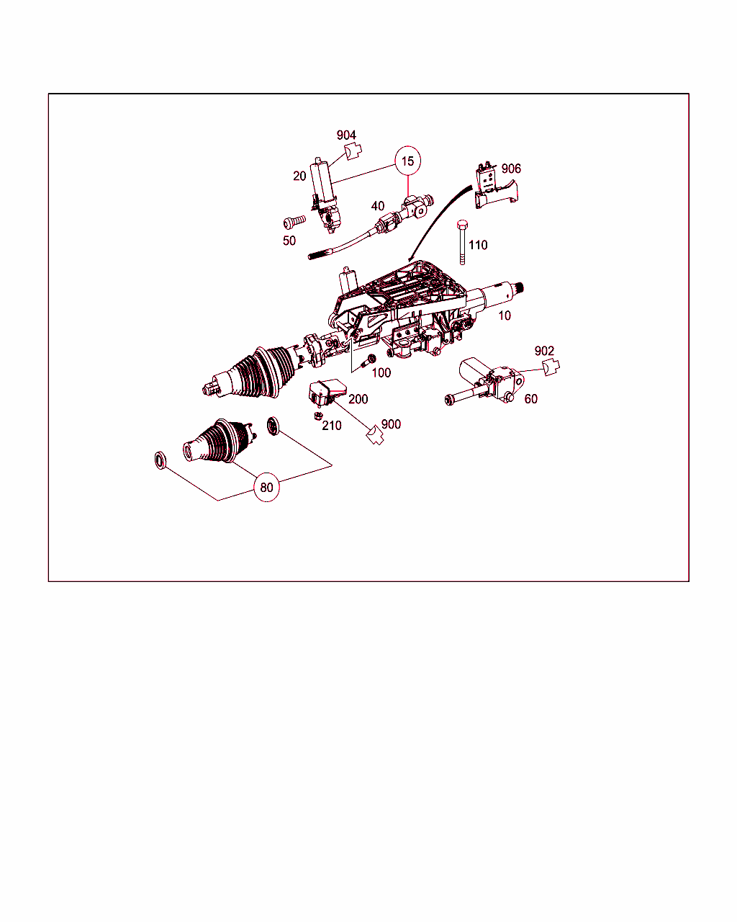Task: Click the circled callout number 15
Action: click(x=407, y=161)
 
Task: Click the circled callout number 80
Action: click(x=266, y=487)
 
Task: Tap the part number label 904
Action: click(x=346, y=135)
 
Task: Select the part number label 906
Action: click(x=511, y=169)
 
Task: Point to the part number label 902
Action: click(x=544, y=351)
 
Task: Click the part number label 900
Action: click(x=391, y=424)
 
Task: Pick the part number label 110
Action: click(x=478, y=245)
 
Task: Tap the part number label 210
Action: click(x=332, y=426)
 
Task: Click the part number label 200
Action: click(x=358, y=399)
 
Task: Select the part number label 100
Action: click(x=381, y=372)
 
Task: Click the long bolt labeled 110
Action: click(x=462, y=243)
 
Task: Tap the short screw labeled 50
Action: click(x=294, y=222)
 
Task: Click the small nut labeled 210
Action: click(x=317, y=415)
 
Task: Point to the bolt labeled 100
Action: click(x=368, y=360)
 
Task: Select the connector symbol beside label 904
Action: click(x=353, y=151)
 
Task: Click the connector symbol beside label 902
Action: click(x=551, y=367)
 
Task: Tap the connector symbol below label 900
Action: click(x=375, y=435)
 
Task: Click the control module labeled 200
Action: click(x=327, y=392)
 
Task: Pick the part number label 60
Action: click(x=530, y=399)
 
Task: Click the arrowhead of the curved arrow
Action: click(x=410, y=259)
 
